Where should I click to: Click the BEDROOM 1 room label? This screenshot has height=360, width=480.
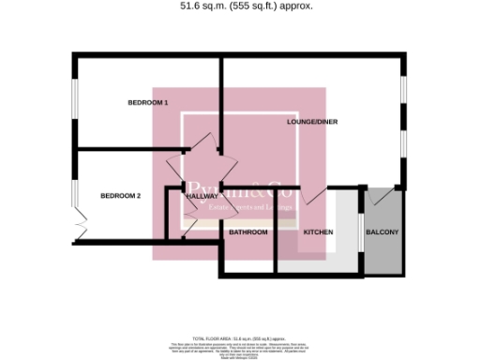point(147,101)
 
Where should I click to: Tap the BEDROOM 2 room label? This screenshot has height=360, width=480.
point(120,195)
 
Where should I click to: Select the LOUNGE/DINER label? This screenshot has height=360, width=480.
point(312,122)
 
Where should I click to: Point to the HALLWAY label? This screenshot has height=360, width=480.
point(201,196)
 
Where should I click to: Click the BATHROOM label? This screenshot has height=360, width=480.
point(248,232)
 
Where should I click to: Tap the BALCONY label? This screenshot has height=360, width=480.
point(382,232)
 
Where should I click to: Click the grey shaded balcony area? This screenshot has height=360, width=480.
point(382,248)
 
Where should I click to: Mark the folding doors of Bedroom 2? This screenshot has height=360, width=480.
point(79,226)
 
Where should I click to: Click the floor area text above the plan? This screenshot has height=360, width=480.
point(246,6)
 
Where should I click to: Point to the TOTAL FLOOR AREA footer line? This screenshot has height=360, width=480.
point(238,336)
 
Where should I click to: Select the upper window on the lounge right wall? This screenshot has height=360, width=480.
point(404,94)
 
